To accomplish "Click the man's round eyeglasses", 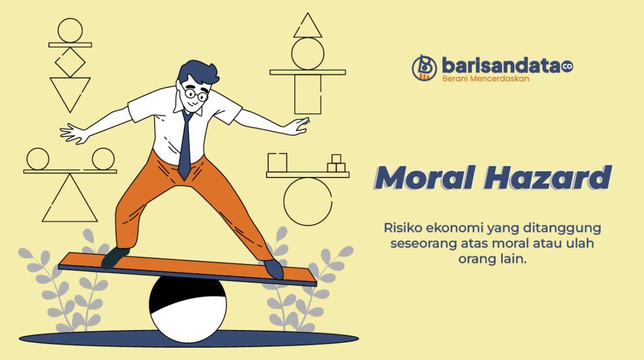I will pos(195,94).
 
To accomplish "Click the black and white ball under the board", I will pos(188,308).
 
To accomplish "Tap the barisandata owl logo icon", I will pos(424,67).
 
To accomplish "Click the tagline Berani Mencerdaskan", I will pos(485,79).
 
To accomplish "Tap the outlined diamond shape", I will pos(70,62).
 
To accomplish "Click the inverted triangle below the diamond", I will pos(70,92).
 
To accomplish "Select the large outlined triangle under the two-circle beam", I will pos(70,201).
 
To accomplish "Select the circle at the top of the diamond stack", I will pos(70,30).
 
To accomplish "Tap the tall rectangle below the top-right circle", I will pos(308,94).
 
